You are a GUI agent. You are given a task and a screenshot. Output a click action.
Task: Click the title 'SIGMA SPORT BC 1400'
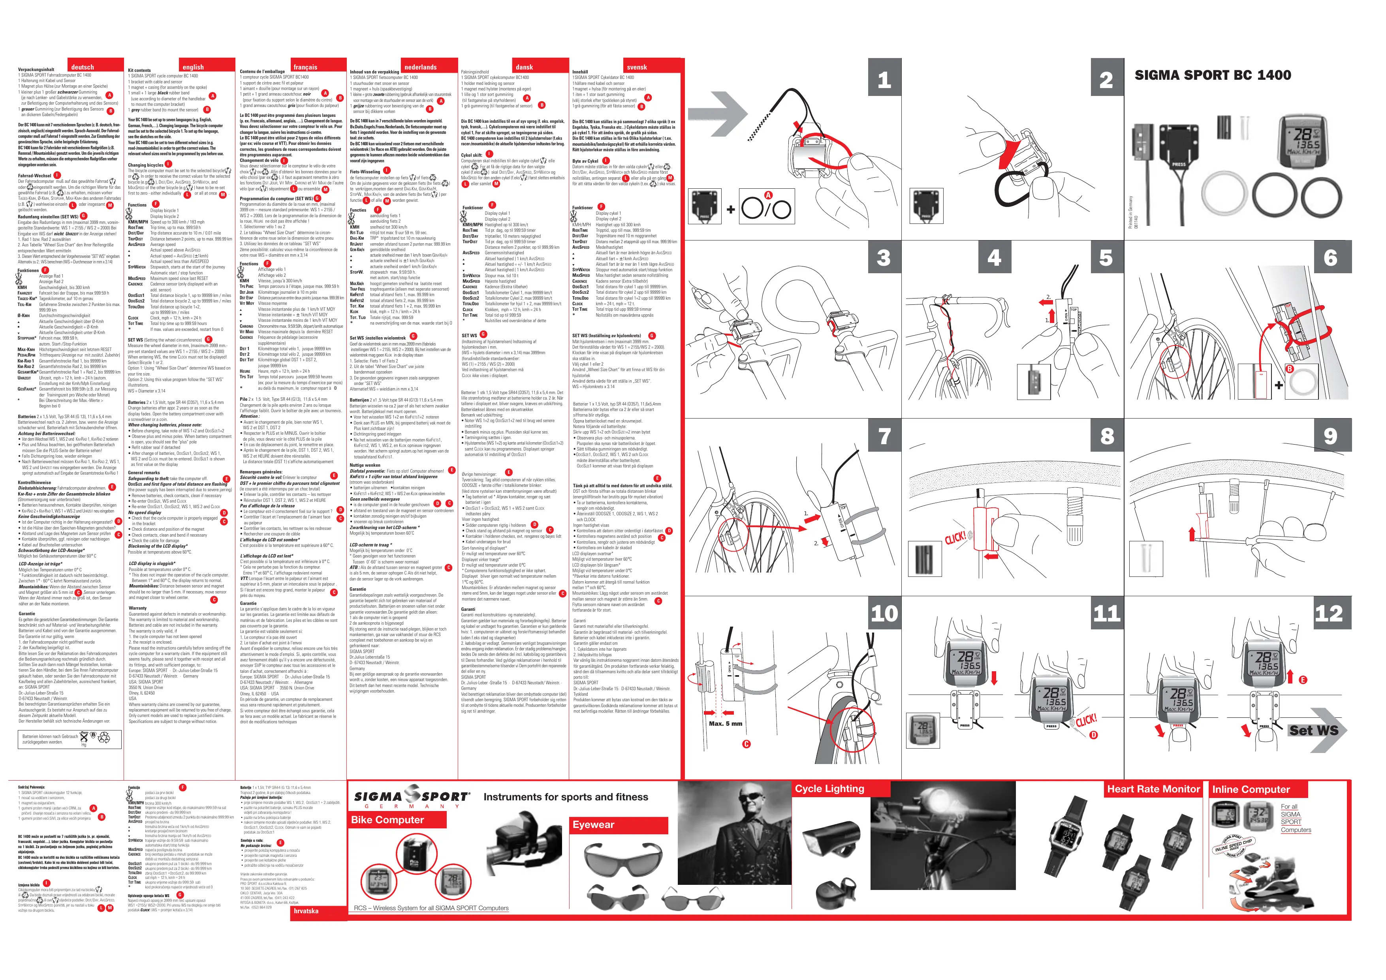click(x=1213, y=75)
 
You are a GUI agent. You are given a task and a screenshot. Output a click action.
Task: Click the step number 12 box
click(x=1330, y=613)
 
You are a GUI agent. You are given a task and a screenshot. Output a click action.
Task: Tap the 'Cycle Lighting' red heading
click(x=829, y=789)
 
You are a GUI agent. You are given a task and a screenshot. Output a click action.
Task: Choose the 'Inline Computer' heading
click(x=1251, y=789)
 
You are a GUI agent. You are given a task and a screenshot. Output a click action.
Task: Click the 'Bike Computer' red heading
click(x=388, y=819)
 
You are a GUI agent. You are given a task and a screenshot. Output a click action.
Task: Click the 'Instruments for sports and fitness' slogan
click(x=566, y=797)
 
